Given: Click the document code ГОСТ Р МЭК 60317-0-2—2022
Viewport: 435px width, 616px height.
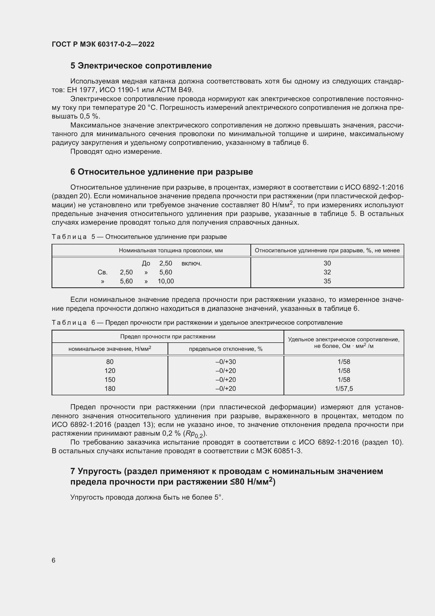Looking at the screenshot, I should point(103,44).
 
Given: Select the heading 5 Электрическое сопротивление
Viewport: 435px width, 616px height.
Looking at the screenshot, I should point(141,66).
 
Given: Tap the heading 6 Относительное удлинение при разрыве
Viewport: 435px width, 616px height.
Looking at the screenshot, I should point(161,172).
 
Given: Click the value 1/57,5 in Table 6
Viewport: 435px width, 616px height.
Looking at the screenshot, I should point(344,388).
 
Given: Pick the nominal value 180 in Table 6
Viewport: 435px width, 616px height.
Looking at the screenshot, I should point(110,388).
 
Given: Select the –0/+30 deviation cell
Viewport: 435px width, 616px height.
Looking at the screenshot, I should point(226,362).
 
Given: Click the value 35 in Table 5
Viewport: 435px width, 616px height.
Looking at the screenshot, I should point(327,281).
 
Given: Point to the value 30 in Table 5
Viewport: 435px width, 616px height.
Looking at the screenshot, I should point(327,263).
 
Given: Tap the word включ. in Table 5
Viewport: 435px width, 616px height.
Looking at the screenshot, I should point(191,263).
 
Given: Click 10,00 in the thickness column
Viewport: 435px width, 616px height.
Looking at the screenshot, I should point(165,281).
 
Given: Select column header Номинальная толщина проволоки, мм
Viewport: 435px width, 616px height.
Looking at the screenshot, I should point(171,250).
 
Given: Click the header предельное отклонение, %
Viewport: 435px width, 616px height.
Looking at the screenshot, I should point(226,349).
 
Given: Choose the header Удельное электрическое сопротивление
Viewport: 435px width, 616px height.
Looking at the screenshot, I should point(344,340).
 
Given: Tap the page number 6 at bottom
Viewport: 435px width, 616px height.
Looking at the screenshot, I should point(54,560).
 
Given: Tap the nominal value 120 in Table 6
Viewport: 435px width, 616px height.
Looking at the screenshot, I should point(110,371).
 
